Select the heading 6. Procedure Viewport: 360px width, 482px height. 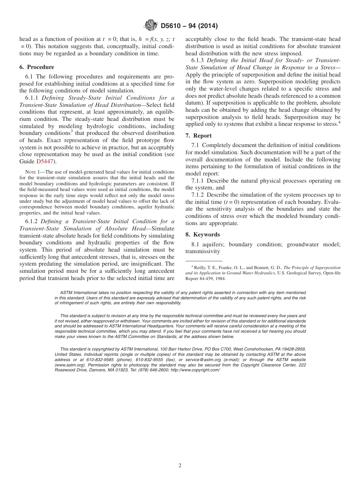click(x=37, y=67)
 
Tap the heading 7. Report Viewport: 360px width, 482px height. click(x=199, y=136)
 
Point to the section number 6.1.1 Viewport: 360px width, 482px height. click(x=32, y=98)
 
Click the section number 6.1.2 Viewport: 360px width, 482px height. click(x=32, y=221)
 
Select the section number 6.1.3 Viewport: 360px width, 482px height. click(x=198, y=61)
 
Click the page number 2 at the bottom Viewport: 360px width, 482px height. click(x=180, y=466)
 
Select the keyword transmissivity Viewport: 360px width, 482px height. click(x=202, y=251)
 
